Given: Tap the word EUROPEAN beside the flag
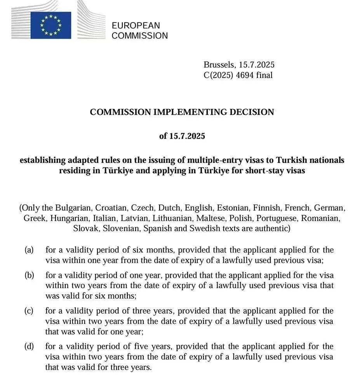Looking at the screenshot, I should pos(136,26).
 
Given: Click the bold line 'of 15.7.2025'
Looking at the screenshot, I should pos(182,136).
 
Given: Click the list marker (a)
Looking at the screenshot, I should pos(29,250).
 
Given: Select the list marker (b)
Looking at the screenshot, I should pos(29,275).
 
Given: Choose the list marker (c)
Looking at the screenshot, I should pos(29,311).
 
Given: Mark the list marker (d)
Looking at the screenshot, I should pos(29,346).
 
